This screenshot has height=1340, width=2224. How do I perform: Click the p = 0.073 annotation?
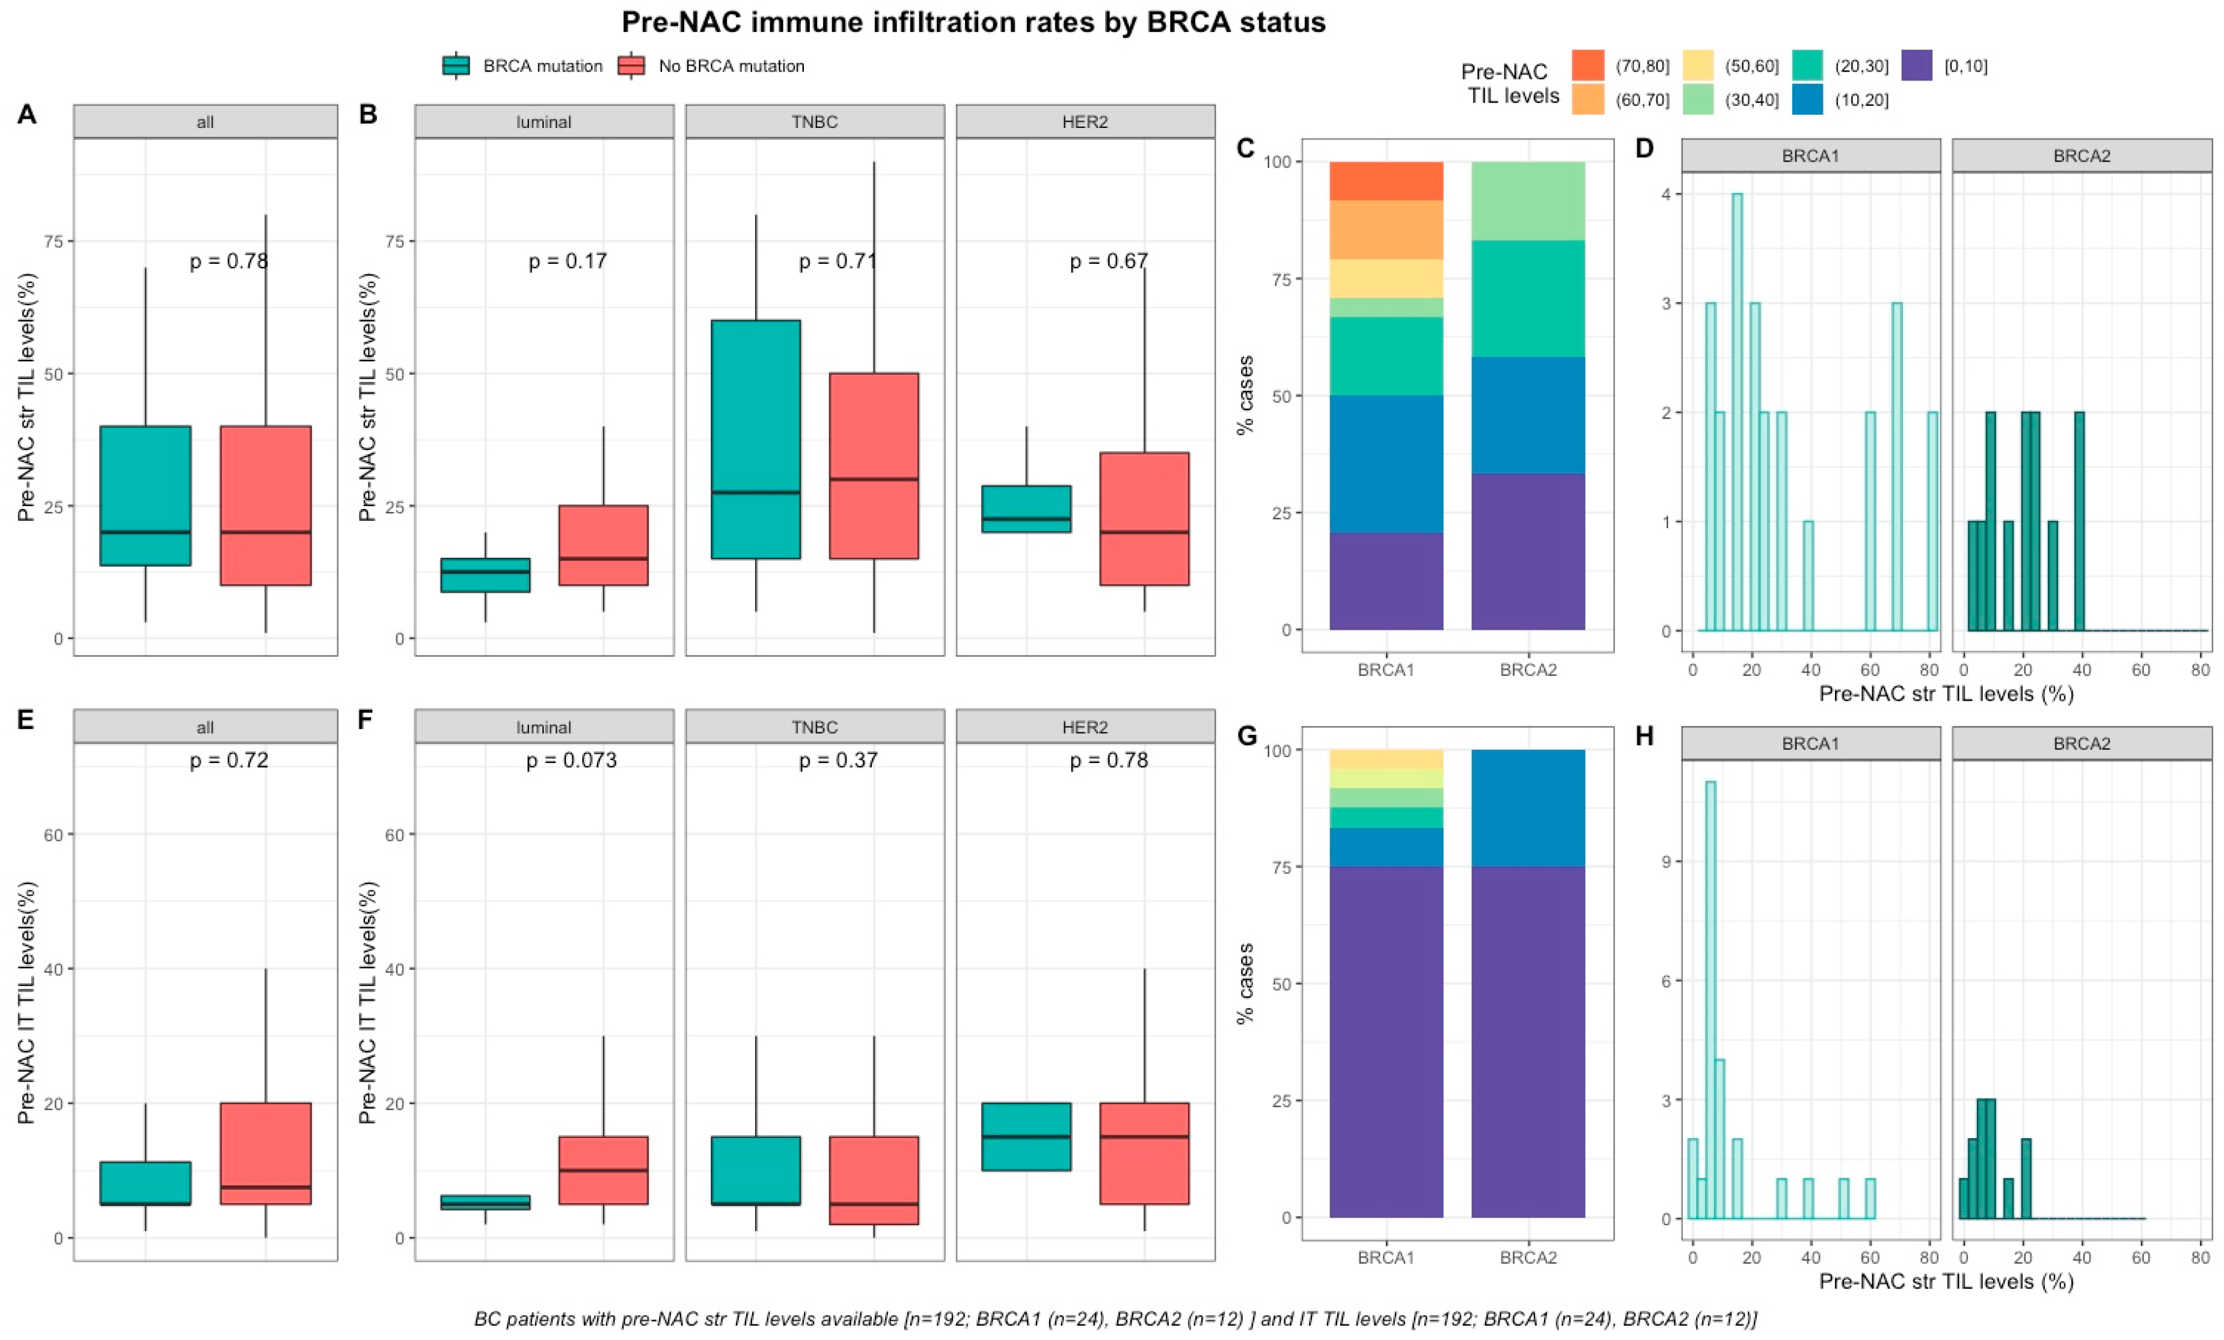(571, 761)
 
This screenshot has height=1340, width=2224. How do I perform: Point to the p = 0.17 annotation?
(567, 261)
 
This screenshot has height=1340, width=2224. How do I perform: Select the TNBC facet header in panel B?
(814, 122)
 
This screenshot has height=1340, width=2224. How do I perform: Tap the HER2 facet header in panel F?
(1084, 727)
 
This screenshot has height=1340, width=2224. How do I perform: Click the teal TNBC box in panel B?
(756, 439)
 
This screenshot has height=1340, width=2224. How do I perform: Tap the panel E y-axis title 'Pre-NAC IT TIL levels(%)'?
(27, 1002)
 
